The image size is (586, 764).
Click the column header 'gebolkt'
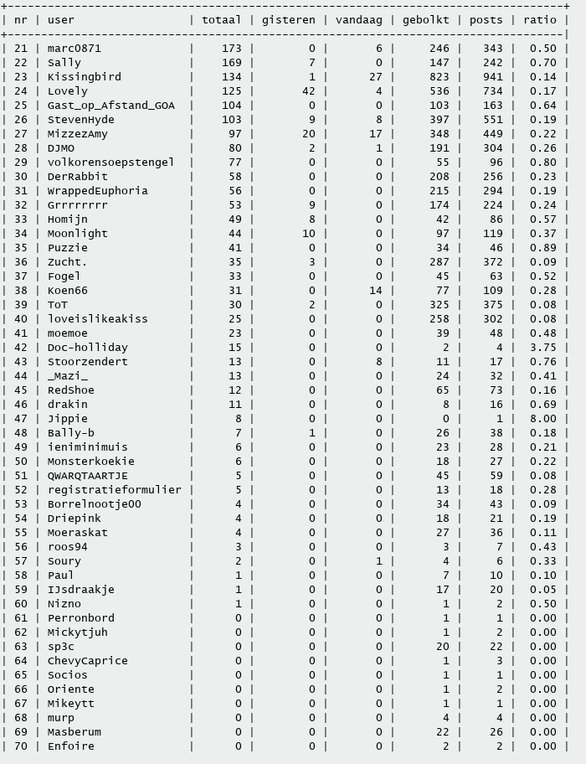[425, 20]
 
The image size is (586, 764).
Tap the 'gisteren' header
[288, 20]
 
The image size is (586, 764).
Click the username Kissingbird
[84, 77]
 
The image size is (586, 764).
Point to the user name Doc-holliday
[87, 348]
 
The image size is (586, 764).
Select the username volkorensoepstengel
[111, 163]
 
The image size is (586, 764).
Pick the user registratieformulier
[114, 490]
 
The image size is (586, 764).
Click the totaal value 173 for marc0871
[231, 49]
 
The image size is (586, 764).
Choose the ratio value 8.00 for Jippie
[542, 419]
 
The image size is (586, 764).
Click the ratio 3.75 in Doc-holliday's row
[542, 348]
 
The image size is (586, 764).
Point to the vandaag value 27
[375, 77]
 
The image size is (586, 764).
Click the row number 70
[21, 746]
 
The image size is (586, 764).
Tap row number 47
[21, 419]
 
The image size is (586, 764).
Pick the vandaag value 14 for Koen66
[375, 291]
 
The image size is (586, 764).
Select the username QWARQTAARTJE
[87, 476]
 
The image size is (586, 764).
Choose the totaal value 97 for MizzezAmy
[234, 134]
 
